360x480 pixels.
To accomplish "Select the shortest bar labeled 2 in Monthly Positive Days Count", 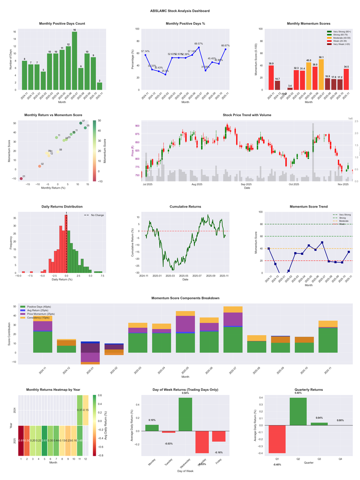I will coord(99,86).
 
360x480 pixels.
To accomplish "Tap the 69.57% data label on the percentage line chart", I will coord(198,44).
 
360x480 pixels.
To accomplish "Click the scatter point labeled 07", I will coord(81,123).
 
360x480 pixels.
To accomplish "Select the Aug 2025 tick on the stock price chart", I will coord(197,184).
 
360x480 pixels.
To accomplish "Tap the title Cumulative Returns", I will coord(185,207).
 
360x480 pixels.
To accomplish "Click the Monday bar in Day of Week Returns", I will coord(152,428).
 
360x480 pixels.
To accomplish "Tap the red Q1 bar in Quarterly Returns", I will coord(277,439).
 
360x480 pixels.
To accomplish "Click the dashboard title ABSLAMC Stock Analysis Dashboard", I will coord(180,11).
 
